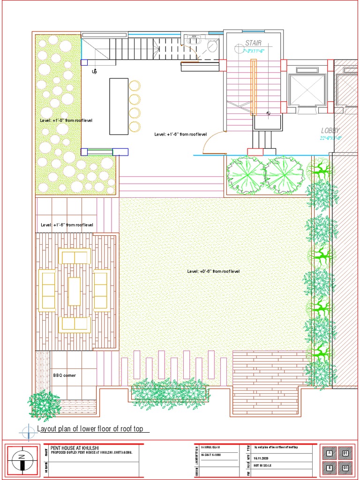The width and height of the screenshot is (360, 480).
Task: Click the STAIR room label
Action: [253, 43]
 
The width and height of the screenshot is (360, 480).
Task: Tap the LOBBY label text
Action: [330, 130]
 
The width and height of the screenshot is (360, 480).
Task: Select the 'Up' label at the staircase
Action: [94, 72]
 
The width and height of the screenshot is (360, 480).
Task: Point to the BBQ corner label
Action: [64, 375]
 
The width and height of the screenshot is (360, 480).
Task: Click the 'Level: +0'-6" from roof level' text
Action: [213, 271]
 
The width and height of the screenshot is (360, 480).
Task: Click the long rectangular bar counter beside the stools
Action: [119, 106]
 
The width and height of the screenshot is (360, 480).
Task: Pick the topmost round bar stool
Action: [135, 86]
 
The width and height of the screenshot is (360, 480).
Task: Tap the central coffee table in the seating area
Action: [75, 291]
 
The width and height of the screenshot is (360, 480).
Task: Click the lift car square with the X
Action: [307, 90]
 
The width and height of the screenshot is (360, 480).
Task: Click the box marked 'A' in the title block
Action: [329, 453]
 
